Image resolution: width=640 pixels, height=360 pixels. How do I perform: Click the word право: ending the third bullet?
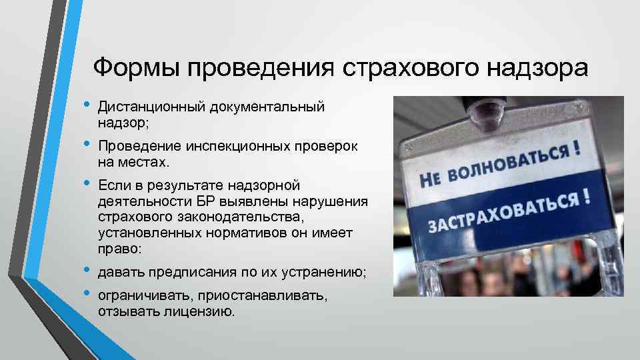click(119, 249)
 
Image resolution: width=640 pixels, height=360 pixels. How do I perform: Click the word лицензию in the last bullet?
click(200, 311)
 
